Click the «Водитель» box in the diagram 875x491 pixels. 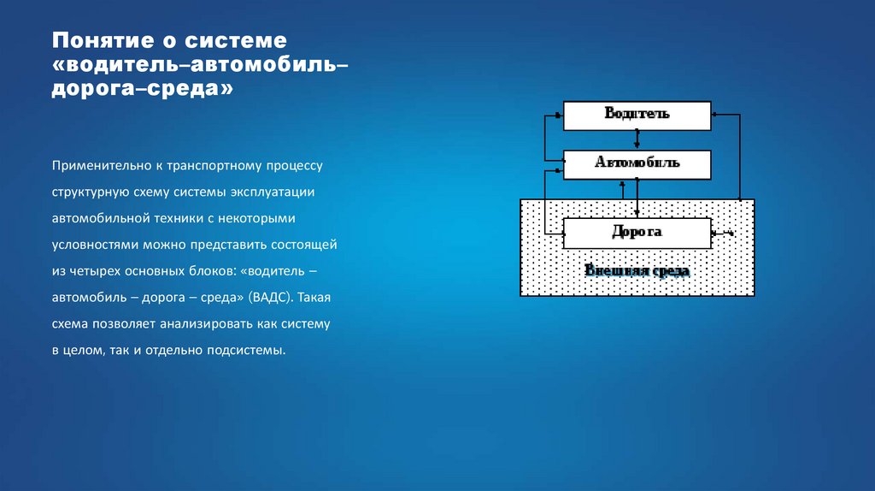click(637, 115)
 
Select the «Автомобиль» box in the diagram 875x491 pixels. click(637, 163)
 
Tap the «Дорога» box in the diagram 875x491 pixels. click(637, 232)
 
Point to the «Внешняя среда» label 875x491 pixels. click(637, 271)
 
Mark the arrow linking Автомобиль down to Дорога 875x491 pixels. click(637, 198)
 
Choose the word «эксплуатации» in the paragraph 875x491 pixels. click(283, 191)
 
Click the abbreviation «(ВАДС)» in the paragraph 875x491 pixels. click(272, 297)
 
